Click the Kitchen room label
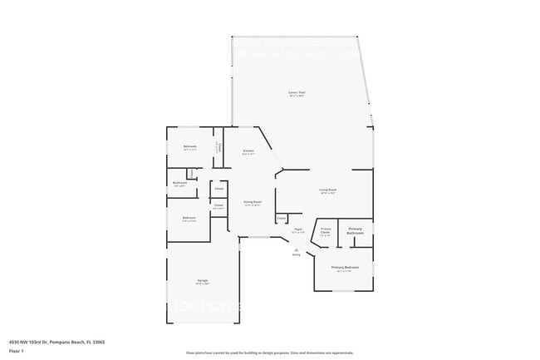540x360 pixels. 248,150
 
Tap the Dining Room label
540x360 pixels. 253,202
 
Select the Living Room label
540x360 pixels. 328,190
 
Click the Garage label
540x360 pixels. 202,280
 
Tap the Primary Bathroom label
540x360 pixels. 356,230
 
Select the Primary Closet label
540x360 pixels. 326,230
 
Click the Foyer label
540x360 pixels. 297,229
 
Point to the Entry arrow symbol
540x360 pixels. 296,249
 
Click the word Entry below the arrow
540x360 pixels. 296,254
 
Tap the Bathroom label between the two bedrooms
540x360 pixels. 179,183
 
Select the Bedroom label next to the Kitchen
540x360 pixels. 189,146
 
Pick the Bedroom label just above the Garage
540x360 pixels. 189,218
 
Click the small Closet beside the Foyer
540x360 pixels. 282,218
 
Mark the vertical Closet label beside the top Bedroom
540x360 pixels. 218,147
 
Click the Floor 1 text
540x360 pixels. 17,351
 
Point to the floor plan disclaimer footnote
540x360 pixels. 269,352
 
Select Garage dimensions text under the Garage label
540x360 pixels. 202,284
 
